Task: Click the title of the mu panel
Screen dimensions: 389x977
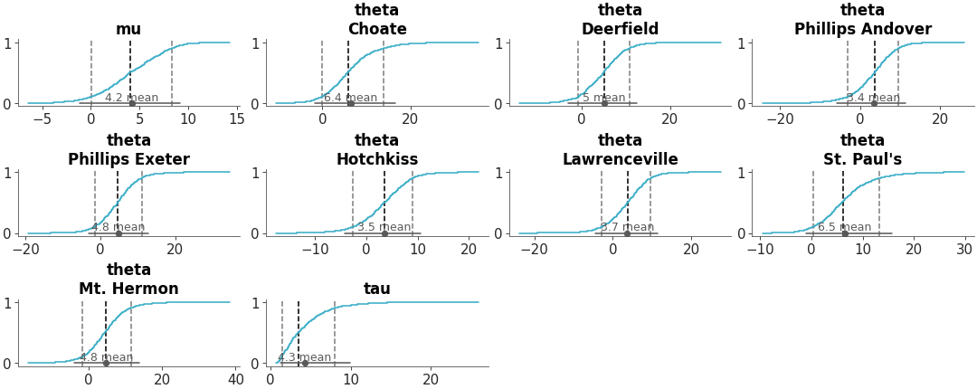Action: pyautogui.click(x=128, y=29)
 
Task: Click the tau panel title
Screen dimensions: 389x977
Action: pyautogui.click(x=376, y=289)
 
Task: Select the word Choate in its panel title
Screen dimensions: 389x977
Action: pyautogui.click(x=376, y=29)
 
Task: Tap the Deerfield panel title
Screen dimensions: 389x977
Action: pyautogui.click(x=620, y=29)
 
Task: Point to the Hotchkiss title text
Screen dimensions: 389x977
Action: pyautogui.click(x=376, y=159)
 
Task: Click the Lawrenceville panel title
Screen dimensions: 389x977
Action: pyautogui.click(x=620, y=159)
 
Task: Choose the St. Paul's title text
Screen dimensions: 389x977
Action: pyautogui.click(x=862, y=159)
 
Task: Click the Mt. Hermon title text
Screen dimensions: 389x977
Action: pyautogui.click(x=128, y=289)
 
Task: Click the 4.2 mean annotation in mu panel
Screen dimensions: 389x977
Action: pyautogui.click(x=131, y=98)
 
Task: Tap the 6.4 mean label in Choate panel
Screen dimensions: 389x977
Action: pyautogui.click(x=350, y=98)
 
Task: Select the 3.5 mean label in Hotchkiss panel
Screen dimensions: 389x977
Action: pyautogui.click(x=384, y=227)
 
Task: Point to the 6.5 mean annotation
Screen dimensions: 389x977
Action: pyautogui.click(x=844, y=227)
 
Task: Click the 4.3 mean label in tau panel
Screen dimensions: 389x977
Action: pyautogui.click(x=304, y=357)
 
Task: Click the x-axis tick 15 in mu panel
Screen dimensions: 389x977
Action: pyautogui.click(x=236, y=119)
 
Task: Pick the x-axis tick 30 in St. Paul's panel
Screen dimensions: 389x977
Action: pyautogui.click(x=964, y=248)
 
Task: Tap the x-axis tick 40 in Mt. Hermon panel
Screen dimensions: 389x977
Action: pyautogui.click(x=236, y=378)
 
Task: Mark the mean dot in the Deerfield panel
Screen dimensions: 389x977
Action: pyautogui.click(x=604, y=103)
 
